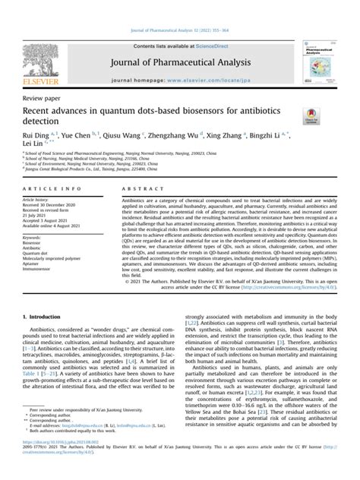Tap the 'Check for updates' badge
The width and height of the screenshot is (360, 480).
pyautogui.click(x=312, y=116)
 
